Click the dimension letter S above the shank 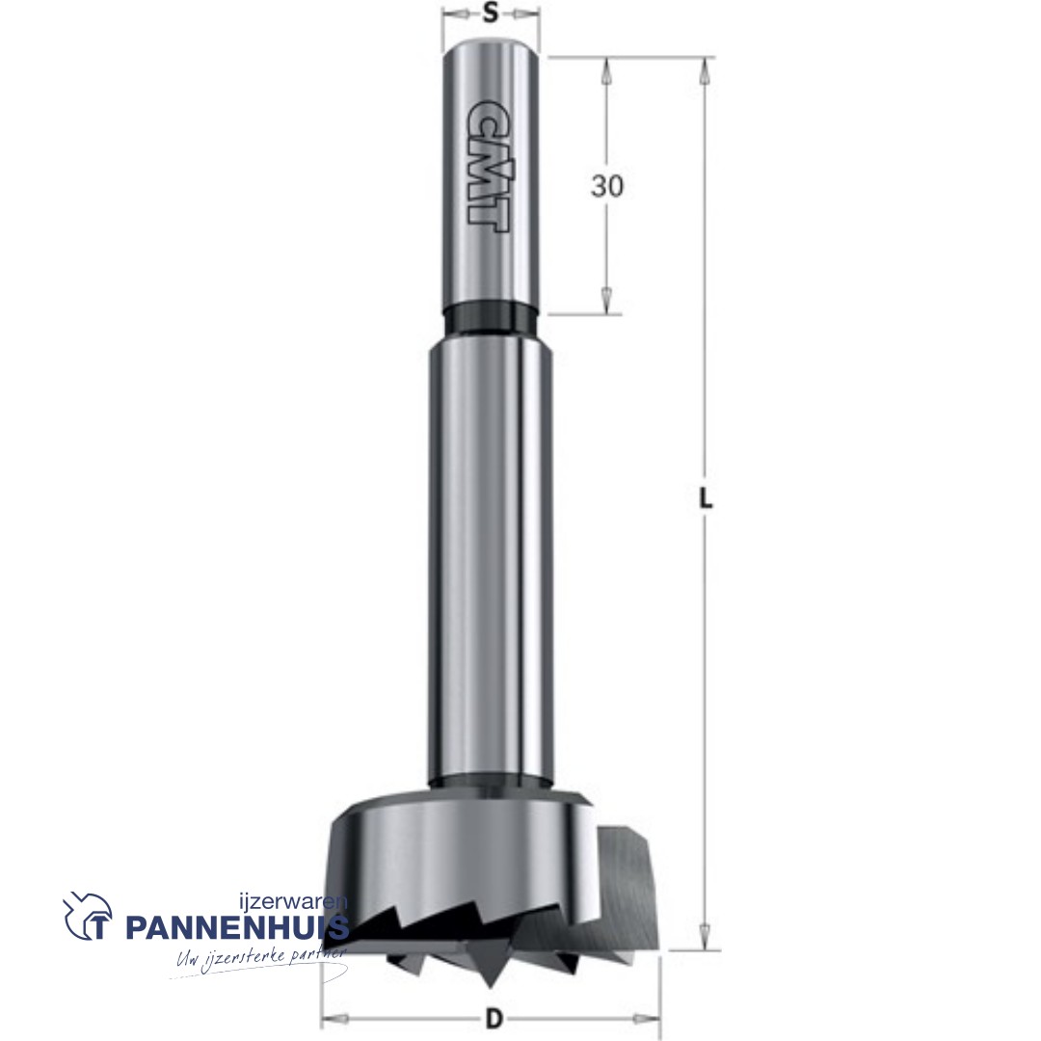491,13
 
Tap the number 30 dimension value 607,185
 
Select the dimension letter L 706,498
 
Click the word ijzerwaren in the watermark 292,902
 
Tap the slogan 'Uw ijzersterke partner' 260,959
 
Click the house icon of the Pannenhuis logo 88,917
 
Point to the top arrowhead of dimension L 706,69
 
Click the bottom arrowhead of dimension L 706,938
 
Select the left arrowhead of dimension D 333,1018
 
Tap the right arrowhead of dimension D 650,1018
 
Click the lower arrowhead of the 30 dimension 607,301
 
